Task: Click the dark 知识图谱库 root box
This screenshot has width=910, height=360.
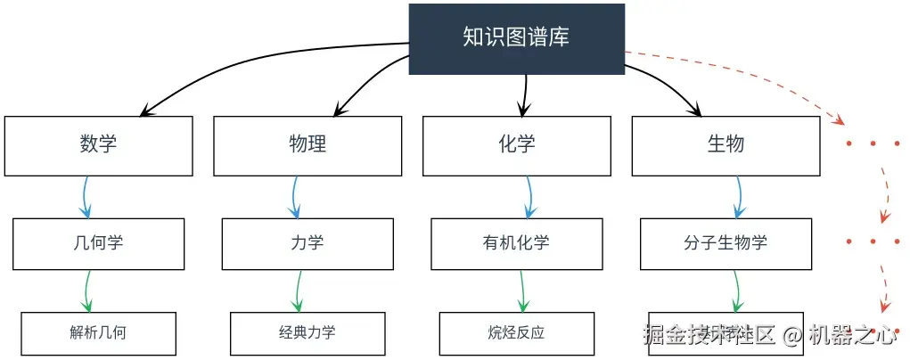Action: pyautogui.click(x=516, y=38)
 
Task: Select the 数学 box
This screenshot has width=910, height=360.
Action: pyautogui.click(x=98, y=145)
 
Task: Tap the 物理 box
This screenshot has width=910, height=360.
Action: pyautogui.click(x=307, y=145)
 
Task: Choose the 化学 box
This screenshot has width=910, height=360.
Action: pyautogui.click(x=517, y=145)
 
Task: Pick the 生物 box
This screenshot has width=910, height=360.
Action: pyautogui.click(x=726, y=145)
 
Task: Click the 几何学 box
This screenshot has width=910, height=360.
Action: pyautogui.click(x=98, y=243)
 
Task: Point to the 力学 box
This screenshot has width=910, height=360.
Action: pyautogui.click(x=307, y=243)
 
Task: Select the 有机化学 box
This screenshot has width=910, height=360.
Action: pyautogui.click(x=517, y=243)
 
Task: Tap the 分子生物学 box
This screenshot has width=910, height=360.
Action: pyautogui.click(x=726, y=243)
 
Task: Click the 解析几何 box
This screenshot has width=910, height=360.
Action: pyautogui.click(x=98, y=333)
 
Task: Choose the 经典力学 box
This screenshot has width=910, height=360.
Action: pyautogui.click(x=307, y=333)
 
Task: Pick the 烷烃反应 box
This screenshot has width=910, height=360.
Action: pyautogui.click(x=517, y=333)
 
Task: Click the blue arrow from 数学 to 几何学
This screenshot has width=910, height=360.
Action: pyautogui.click(x=86, y=196)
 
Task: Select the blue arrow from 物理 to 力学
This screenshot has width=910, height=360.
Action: pyautogui.click(x=295, y=196)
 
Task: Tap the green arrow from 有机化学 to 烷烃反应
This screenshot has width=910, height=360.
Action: pyautogui.click(x=520, y=290)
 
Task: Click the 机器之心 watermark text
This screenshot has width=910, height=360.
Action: pyautogui.click(x=852, y=336)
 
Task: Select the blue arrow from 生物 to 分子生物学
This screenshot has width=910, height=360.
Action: pyautogui.click(x=739, y=196)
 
